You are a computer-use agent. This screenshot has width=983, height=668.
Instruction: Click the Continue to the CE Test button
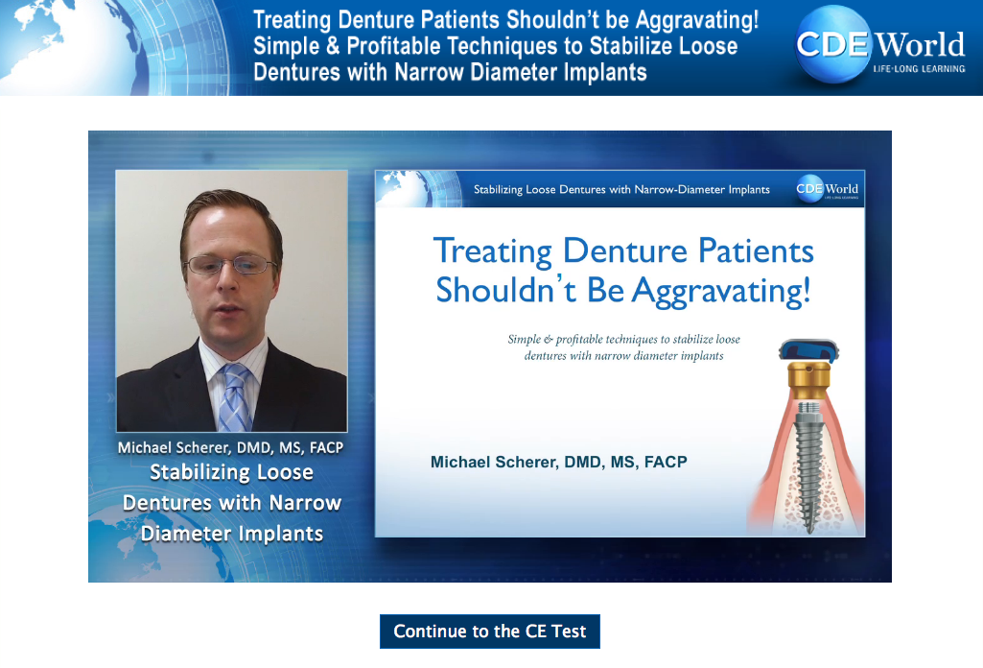[x=490, y=631]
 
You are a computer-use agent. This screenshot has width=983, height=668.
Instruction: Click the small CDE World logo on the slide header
[x=827, y=189]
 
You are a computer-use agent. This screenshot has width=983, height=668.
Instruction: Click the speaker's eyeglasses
[x=231, y=265]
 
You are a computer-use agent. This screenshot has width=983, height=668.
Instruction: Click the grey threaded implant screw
[x=808, y=465]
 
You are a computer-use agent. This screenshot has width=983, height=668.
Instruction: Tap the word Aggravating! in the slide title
[x=721, y=291]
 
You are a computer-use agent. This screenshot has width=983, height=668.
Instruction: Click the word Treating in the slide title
[x=493, y=251]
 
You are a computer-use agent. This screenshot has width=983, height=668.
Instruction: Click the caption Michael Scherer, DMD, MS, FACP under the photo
[x=231, y=447]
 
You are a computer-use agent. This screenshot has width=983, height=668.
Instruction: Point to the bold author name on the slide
[x=558, y=463]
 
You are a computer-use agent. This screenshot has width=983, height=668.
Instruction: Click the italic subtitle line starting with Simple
[x=623, y=340]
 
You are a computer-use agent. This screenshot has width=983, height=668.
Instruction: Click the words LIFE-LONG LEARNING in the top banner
[x=919, y=69]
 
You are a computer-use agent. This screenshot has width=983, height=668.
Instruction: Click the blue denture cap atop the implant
[x=808, y=350]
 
